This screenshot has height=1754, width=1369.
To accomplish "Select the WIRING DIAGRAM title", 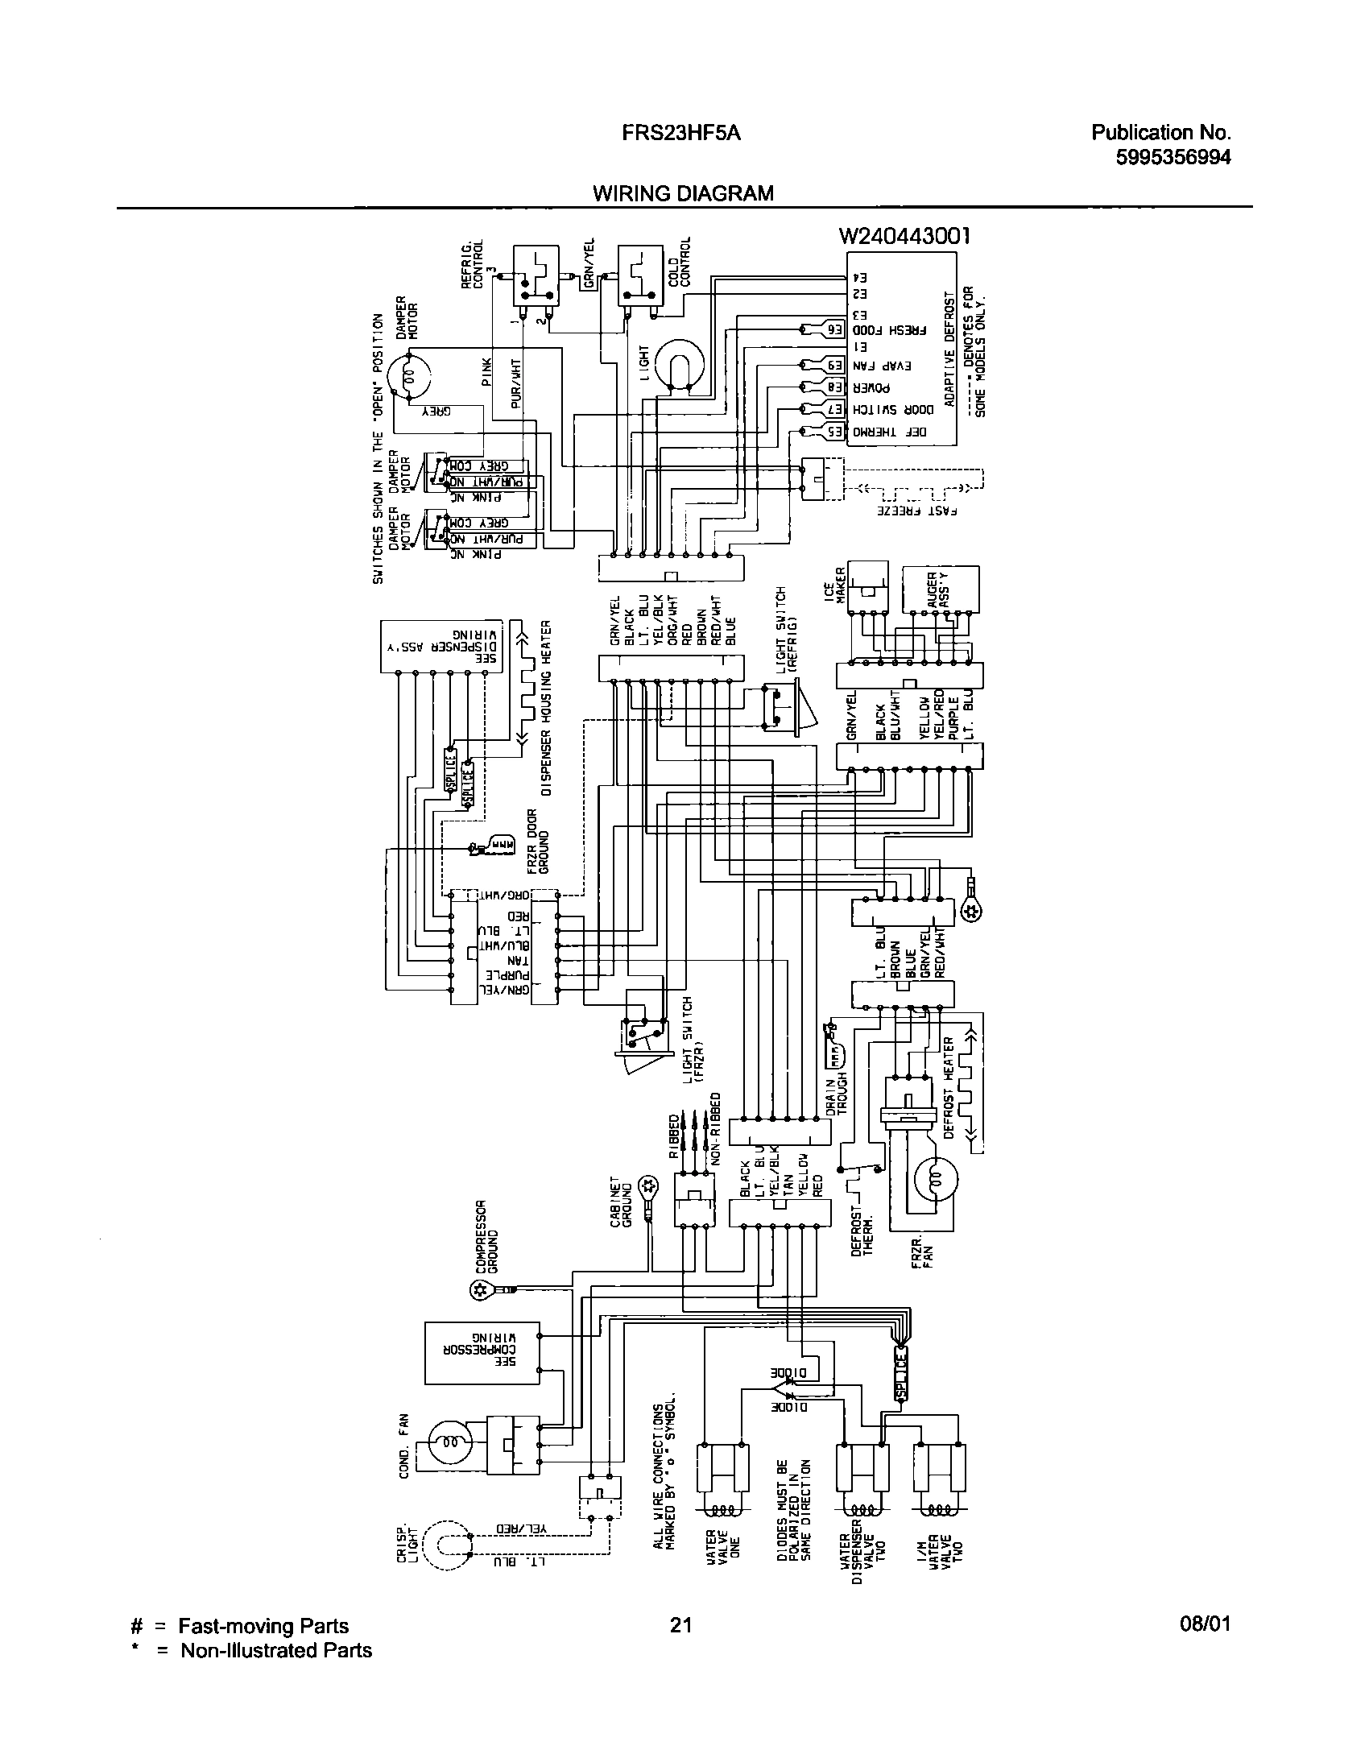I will [683, 193].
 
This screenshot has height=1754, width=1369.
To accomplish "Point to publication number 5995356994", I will [1173, 157].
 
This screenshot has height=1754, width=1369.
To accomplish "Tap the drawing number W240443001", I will [904, 236].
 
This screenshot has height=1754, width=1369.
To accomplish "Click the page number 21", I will [681, 1624].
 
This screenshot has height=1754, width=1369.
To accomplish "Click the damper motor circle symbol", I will [408, 376].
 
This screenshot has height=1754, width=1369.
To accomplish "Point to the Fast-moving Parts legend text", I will [263, 1625].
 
